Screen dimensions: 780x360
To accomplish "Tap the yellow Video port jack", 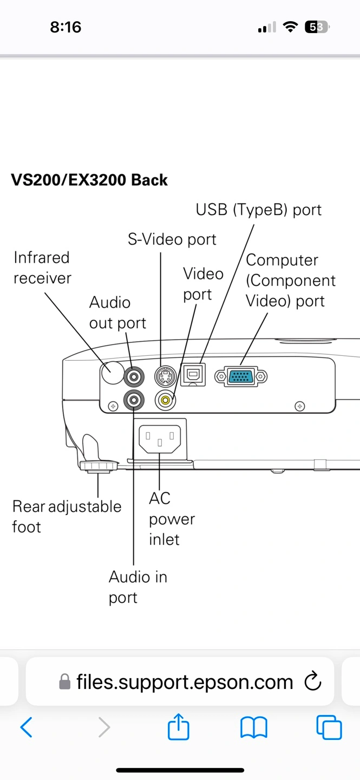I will [x=165, y=401].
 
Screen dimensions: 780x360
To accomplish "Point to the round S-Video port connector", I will [x=165, y=375].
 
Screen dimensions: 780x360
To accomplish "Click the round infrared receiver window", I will [x=113, y=373].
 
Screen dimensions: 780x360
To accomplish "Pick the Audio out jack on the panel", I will [x=134, y=375].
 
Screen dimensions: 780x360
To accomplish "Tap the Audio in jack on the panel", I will [x=134, y=401].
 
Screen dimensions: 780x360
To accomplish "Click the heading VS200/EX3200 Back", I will [x=89, y=180].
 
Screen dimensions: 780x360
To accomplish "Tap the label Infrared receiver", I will [x=42, y=268].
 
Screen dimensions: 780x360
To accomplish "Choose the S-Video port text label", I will [x=172, y=239].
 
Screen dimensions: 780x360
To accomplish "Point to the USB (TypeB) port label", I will [x=258, y=210].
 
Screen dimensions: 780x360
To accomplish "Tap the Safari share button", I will [x=179, y=727].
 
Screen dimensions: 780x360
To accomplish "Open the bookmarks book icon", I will [x=253, y=727].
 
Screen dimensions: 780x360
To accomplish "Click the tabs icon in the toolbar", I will [x=329, y=727].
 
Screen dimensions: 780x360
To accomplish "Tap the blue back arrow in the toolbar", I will [x=26, y=727].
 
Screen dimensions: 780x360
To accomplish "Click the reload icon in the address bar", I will [x=313, y=682].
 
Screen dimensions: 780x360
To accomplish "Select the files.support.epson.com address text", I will [x=184, y=682].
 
